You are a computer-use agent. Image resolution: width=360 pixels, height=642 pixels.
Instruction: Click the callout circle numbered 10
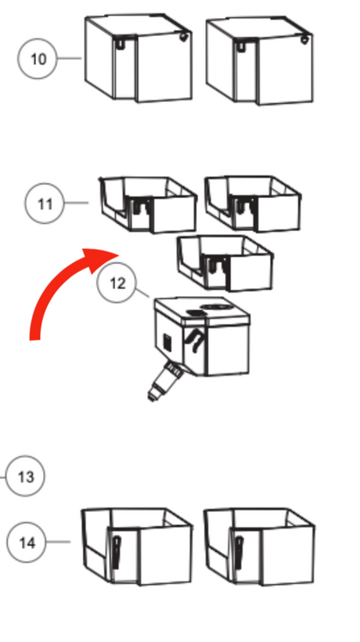click(38, 59)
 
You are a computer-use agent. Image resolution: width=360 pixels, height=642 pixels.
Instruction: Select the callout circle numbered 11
click(45, 203)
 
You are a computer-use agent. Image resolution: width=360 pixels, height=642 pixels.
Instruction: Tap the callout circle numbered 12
click(117, 283)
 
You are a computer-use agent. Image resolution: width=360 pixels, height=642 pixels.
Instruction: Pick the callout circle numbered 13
click(25, 476)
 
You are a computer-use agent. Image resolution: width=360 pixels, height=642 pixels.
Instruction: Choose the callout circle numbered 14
click(27, 542)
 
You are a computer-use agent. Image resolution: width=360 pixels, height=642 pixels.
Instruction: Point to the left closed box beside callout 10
click(139, 58)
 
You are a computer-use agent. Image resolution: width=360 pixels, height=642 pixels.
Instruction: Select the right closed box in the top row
click(259, 60)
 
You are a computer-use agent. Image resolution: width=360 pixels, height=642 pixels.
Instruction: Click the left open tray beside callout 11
click(148, 204)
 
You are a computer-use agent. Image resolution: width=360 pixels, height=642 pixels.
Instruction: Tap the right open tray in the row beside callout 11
click(253, 204)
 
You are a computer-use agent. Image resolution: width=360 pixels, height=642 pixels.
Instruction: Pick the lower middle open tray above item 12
click(225, 263)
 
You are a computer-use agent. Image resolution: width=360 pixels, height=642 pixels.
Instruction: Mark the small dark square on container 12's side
click(167, 342)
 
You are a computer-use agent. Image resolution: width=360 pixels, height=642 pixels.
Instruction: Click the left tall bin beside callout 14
click(137, 546)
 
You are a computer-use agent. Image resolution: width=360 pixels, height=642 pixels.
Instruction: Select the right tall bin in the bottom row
click(259, 546)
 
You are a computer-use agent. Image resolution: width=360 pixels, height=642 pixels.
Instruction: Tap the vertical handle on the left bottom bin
click(116, 553)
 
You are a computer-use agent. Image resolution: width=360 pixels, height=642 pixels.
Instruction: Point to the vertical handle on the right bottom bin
click(239, 553)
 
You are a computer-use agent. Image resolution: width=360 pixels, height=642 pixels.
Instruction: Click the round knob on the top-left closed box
click(183, 38)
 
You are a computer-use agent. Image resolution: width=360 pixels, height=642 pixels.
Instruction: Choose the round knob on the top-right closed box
click(304, 40)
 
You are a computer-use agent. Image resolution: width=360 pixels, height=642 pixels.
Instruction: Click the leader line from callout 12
click(142, 293)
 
